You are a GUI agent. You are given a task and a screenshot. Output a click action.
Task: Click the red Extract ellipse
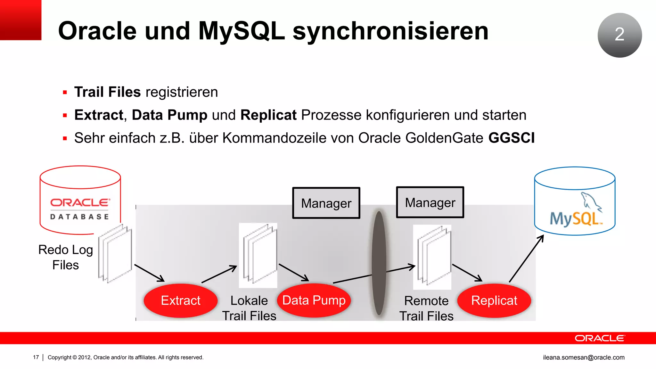[x=181, y=300]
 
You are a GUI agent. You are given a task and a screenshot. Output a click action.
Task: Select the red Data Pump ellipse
[x=314, y=300]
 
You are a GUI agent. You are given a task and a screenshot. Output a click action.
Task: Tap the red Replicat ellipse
[x=494, y=300]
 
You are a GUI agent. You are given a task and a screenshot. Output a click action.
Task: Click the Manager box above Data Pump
[x=326, y=203]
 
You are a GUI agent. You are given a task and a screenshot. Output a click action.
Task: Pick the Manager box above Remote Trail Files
[x=430, y=202]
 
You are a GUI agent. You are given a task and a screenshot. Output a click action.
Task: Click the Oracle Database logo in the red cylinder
[x=80, y=209]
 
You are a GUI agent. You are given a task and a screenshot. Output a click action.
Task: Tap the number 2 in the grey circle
[x=619, y=35]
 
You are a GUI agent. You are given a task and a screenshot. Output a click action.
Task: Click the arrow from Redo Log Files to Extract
[x=149, y=273]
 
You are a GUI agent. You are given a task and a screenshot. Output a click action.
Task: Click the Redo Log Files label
[x=65, y=257]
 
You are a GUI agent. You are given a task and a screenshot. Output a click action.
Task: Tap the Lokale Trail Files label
[x=249, y=308]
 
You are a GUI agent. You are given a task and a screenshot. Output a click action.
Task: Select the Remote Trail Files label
[x=426, y=308]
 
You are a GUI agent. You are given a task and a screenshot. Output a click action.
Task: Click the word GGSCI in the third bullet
[x=511, y=138]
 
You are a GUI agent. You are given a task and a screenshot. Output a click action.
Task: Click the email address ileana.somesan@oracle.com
[x=584, y=357]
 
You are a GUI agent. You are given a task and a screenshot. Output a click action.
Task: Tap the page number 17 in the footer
[x=36, y=357]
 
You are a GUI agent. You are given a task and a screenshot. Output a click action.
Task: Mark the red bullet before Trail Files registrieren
[x=65, y=93]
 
